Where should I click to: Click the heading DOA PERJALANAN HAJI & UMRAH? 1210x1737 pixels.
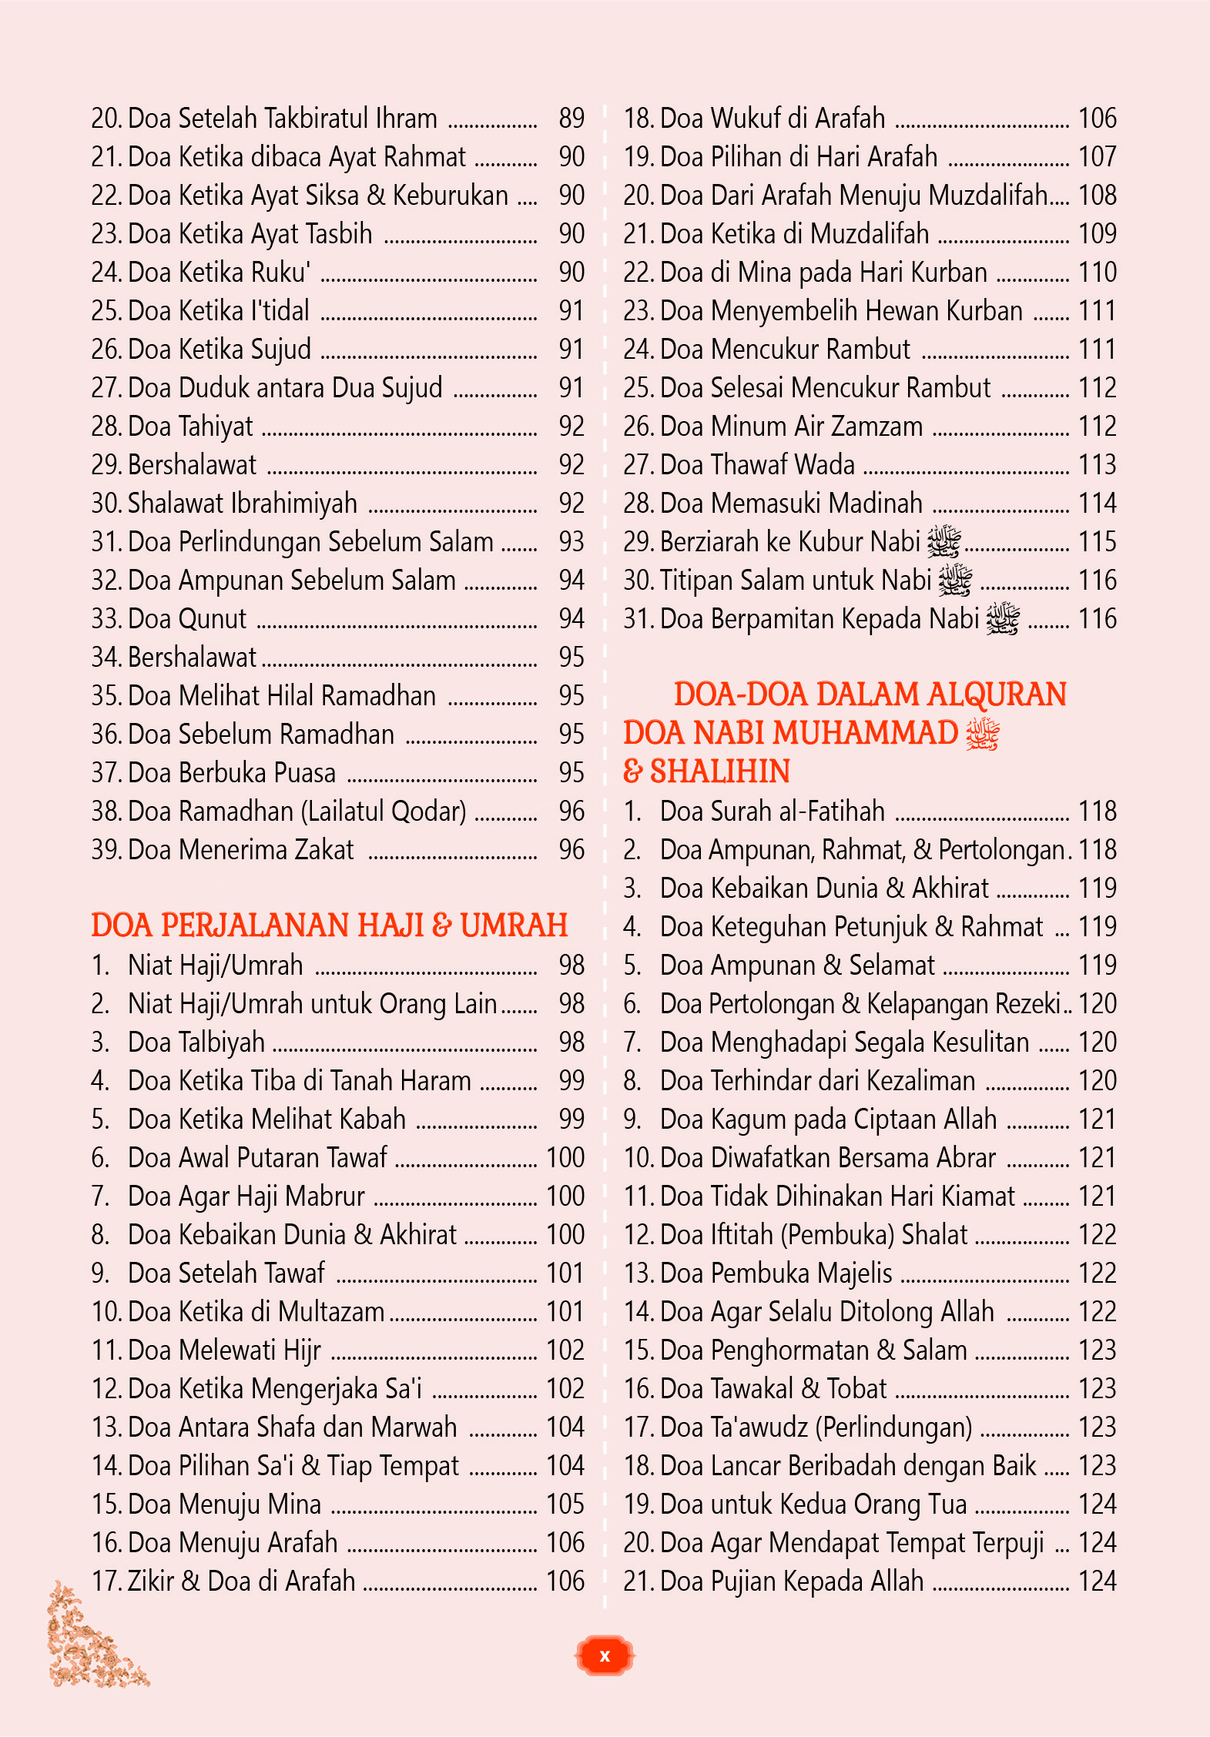[329, 925]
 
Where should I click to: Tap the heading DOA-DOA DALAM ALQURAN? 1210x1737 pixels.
[870, 694]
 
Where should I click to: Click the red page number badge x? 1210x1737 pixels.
[605, 1655]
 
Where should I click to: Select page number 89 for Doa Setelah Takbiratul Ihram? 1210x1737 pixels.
[571, 119]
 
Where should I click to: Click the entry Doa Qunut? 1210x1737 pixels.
[187, 619]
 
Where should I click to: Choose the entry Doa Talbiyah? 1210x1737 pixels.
[196, 1043]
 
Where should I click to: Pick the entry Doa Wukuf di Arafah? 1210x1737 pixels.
[773, 119]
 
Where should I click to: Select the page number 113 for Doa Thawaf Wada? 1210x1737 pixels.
[1097, 465]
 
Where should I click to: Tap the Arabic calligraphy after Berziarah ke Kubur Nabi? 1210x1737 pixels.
[944, 541]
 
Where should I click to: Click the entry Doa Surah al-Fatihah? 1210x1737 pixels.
[772, 812]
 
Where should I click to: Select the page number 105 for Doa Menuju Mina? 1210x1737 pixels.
[565, 1504]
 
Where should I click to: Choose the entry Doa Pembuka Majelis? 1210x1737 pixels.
[776, 1273]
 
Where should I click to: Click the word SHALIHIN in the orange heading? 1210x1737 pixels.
[720, 771]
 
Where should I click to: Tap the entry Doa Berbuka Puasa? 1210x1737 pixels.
[232, 773]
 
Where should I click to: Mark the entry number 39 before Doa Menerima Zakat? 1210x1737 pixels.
[106, 850]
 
